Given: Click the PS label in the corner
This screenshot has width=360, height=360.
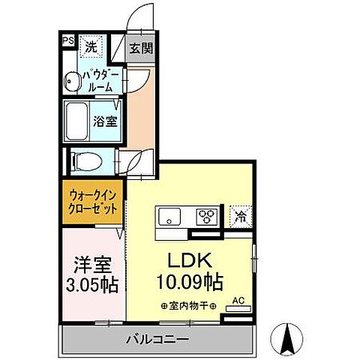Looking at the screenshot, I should [67, 40].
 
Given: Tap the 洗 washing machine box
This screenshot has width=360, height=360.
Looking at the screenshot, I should [90, 45].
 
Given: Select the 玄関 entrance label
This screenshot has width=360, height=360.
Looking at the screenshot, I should [140, 49].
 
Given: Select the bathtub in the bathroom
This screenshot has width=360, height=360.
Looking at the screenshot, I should [78, 119].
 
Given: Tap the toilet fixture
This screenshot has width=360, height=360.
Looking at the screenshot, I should [82, 160].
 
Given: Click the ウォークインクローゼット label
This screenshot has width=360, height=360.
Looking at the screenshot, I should [91, 201].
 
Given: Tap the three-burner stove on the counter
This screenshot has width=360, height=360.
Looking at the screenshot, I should [206, 217].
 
